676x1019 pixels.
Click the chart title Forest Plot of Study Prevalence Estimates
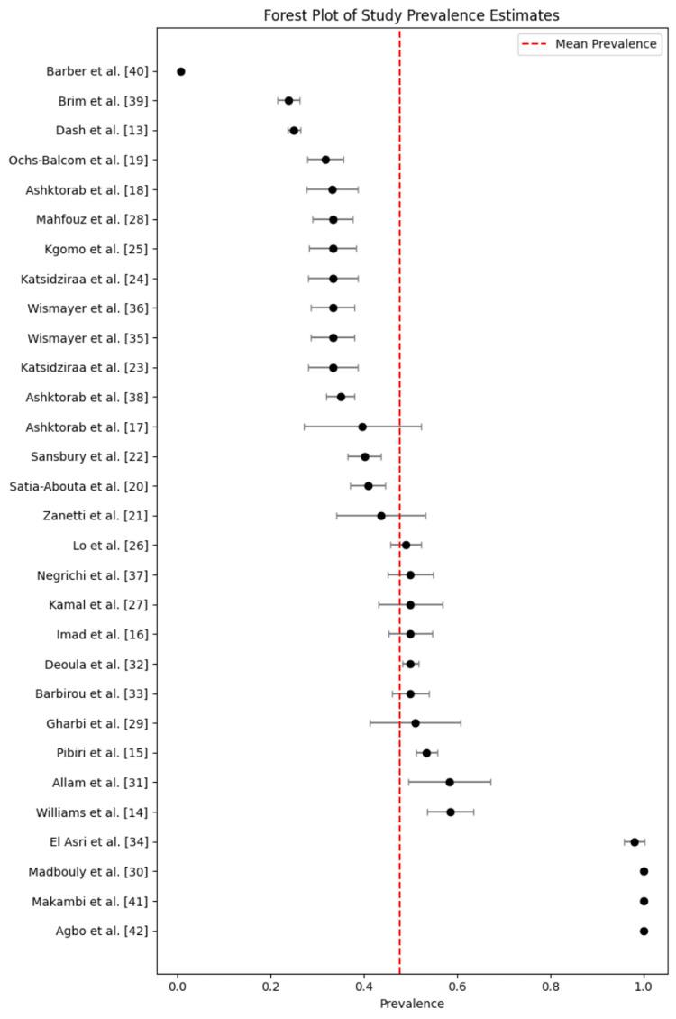click(x=411, y=14)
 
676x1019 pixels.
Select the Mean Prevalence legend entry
click(x=606, y=44)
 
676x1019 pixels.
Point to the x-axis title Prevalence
click(x=411, y=1004)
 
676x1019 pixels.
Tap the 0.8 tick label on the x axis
click(x=551, y=987)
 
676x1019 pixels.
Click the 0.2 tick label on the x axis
click(x=270, y=987)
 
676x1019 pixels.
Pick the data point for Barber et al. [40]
click(x=181, y=71)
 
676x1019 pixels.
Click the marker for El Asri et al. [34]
click(x=635, y=842)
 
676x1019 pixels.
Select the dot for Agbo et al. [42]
click(x=644, y=931)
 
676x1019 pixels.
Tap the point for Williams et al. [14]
click(x=451, y=812)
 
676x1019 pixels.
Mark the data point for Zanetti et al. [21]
click(x=381, y=516)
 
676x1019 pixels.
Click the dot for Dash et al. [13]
click(x=294, y=131)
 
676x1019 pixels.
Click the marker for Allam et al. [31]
click(x=450, y=783)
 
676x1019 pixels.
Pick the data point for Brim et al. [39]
click(x=288, y=101)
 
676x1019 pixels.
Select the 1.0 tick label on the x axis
click(x=644, y=987)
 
